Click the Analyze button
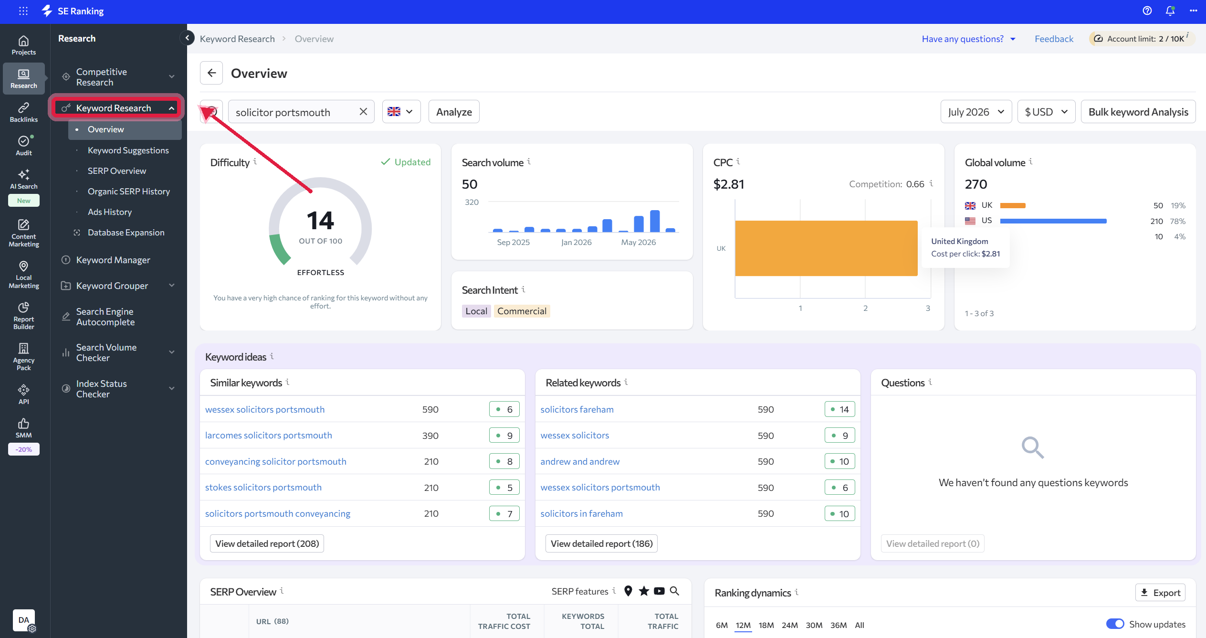[454, 112]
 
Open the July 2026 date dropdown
[976, 112]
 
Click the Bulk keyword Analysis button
[1138, 112]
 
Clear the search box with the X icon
[363, 112]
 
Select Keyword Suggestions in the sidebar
[128, 150]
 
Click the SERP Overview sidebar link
[117, 171]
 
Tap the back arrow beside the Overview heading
[211, 73]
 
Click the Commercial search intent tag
[522, 311]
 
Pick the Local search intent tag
[476, 311]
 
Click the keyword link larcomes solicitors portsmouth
[269, 436]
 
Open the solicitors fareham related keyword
[577, 410]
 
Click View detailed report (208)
[267, 543]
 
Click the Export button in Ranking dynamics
[1160, 593]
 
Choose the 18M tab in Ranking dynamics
[766, 625]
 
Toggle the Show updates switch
[1115, 624]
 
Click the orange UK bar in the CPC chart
[826, 248]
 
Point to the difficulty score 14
[320, 221]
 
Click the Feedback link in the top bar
[1054, 39]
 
